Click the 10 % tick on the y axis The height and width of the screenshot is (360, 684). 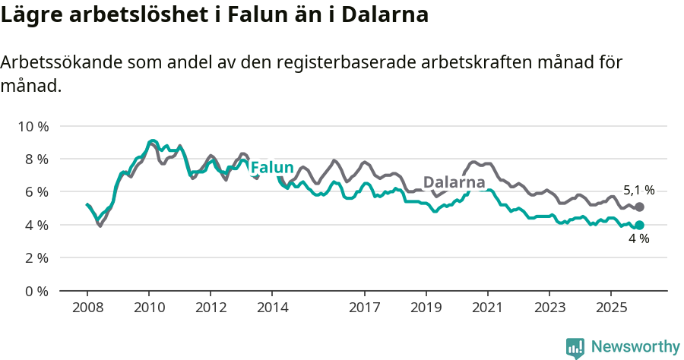tap(32, 126)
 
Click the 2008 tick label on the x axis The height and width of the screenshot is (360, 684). tap(87, 308)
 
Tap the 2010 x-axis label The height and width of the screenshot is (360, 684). tap(149, 308)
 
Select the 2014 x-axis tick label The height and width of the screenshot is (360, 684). tap(272, 308)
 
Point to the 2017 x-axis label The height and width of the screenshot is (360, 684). tap(365, 308)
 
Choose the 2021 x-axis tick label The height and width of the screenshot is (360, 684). tap(487, 308)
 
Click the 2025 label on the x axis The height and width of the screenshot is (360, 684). tap(610, 308)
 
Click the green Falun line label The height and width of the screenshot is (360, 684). tap(272, 167)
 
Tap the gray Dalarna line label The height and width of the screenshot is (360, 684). tap(454, 182)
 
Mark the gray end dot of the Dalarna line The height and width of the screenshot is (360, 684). tap(639, 207)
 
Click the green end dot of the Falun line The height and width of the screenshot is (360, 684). tap(639, 225)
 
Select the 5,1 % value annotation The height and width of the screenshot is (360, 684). tap(638, 191)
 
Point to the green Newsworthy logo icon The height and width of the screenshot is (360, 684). tap(575, 348)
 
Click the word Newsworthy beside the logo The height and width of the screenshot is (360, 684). tap(635, 347)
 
